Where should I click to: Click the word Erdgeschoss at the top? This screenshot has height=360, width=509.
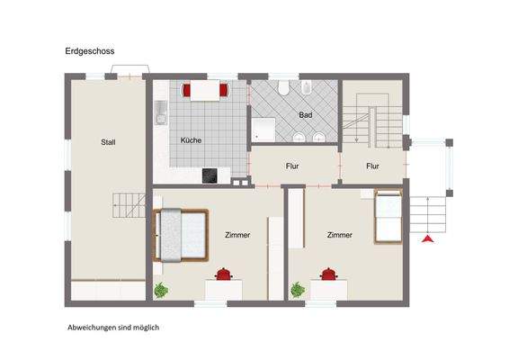pos(90,52)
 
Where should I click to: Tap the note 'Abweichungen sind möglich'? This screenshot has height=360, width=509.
pos(112,328)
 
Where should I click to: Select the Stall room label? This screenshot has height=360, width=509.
pos(109,141)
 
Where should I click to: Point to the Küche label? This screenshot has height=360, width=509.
pos(191,140)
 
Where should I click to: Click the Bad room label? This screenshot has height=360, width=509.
pos(305,115)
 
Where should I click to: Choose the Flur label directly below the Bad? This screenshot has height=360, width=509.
pos(293,166)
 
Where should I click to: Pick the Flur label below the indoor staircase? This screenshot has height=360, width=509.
pos(373,166)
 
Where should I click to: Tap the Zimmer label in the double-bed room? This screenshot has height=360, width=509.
pos(237,235)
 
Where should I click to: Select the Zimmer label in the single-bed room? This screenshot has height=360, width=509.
pos(339,235)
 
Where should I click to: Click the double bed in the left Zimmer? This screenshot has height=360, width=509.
pos(183,234)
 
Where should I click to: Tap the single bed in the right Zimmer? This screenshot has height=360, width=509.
pos(388,215)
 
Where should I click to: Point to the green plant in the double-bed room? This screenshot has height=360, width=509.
pos(161,290)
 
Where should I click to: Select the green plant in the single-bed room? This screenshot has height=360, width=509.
pos(296,290)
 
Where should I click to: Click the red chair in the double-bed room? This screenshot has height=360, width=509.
pos(223,273)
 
